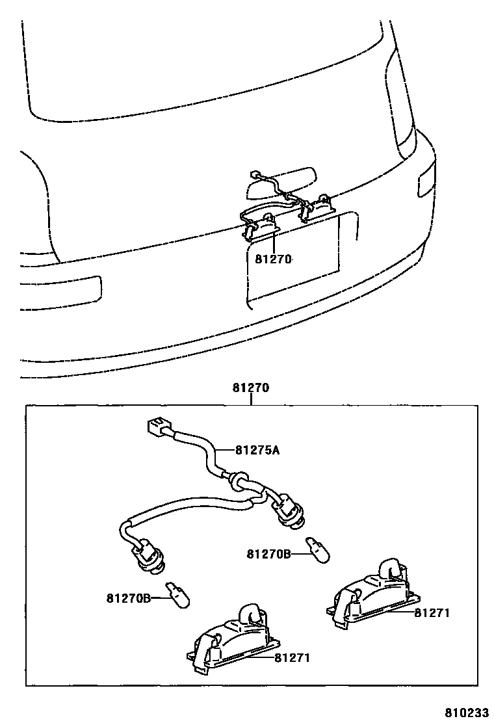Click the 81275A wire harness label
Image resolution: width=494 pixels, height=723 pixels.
click(257, 450)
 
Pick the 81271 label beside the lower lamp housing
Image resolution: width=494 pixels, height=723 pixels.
click(291, 658)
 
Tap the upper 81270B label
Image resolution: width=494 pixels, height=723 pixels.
click(268, 554)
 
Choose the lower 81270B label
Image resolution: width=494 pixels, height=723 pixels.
click(129, 597)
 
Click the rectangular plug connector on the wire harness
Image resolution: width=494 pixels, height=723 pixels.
click(154, 427)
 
